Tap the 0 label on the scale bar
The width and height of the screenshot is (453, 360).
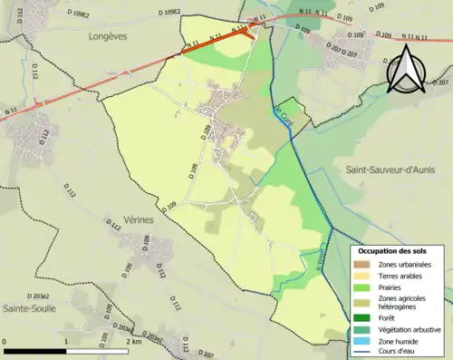tap(5, 342)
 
